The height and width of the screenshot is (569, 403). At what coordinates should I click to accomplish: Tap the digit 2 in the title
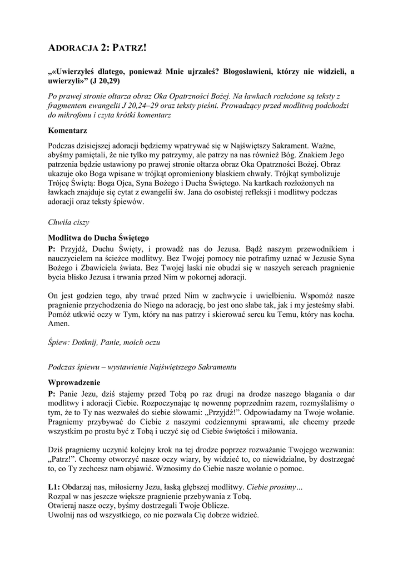click(103, 49)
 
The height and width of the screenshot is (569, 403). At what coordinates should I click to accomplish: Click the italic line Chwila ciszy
click(69, 222)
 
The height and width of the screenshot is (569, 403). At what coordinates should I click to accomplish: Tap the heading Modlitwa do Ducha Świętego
click(98, 237)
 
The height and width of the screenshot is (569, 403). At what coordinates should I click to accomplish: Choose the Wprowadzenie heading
click(74, 383)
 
